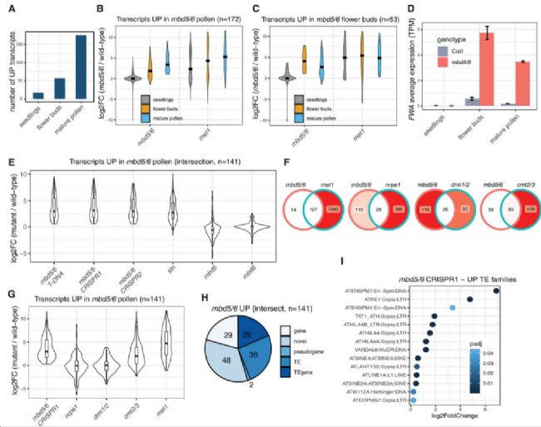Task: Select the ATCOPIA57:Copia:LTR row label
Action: point(382,400)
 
